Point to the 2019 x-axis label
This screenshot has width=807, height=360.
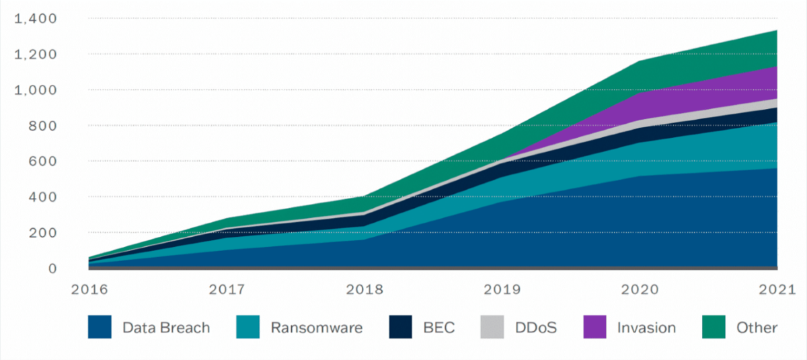(502, 290)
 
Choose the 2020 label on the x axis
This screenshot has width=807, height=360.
(640, 290)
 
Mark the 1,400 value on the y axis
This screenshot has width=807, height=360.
(36, 19)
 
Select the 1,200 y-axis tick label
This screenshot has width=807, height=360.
(36, 55)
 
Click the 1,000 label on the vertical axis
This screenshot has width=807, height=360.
(36, 90)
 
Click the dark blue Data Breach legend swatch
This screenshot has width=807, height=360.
(100, 328)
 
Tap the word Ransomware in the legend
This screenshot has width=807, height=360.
(316, 328)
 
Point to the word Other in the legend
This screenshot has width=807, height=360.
(757, 328)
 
